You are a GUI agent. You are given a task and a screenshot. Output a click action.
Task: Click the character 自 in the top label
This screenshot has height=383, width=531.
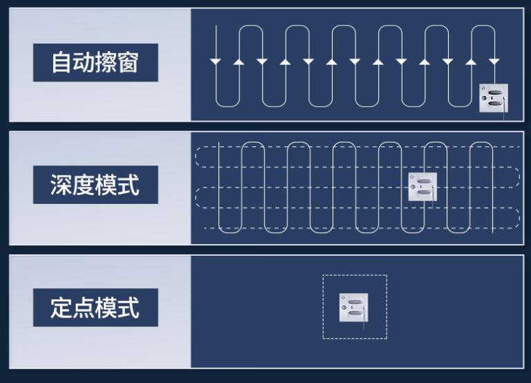tap(62, 63)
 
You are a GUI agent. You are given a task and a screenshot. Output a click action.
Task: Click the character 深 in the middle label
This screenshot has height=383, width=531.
tap(62, 185)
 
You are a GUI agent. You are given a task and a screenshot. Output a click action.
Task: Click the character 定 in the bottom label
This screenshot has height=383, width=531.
tap(62, 308)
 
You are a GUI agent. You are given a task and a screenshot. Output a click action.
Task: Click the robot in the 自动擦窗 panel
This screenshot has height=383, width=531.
tap(494, 98)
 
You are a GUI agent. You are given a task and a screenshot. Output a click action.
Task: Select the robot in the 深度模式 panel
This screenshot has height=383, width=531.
tap(422, 187)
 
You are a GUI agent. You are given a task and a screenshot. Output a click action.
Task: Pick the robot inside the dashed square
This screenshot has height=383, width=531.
tap(353, 307)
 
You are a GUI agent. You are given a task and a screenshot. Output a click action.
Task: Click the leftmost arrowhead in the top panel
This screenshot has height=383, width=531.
tap(216, 62)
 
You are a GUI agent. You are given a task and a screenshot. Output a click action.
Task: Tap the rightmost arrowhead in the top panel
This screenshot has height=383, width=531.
tap(494, 62)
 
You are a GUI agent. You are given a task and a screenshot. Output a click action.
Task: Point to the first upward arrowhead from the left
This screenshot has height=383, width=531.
tap(239, 62)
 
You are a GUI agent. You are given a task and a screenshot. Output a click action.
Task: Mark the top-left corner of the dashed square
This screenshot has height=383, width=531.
tap(323, 275)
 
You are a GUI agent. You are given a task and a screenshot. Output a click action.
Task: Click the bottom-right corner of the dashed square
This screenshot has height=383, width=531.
tap(386, 339)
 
